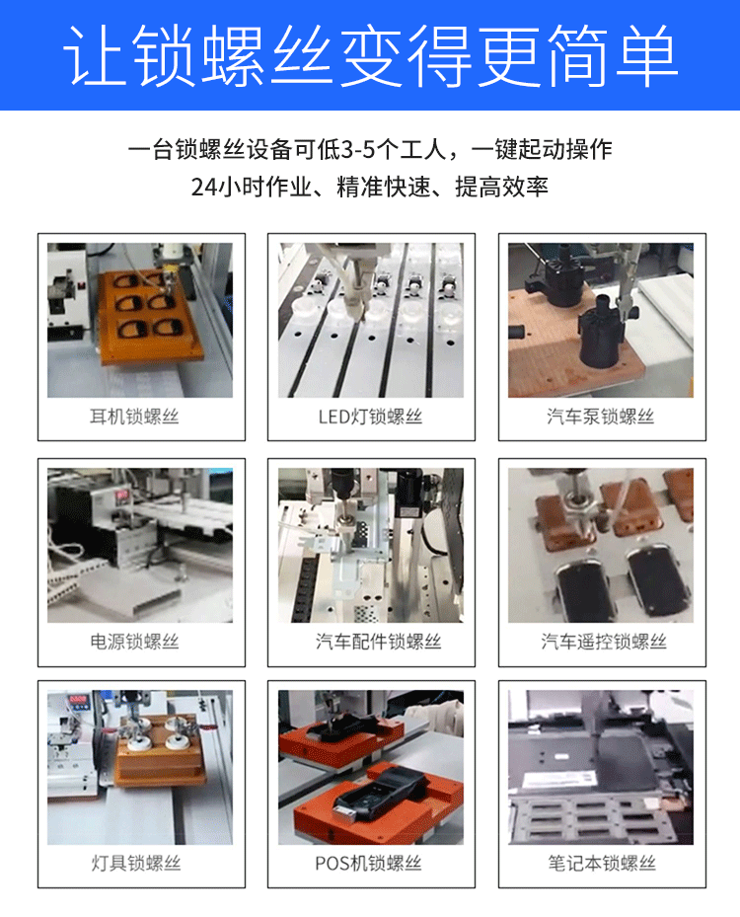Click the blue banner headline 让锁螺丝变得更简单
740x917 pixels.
(x=370, y=54)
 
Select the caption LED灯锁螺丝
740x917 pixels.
(x=370, y=417)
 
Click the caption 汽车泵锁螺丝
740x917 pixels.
(x=601, y=417)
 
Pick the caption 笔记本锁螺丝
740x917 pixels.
(x=602, y=863)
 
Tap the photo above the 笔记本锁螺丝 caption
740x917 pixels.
(x=601, y=767)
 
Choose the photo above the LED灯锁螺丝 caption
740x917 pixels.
(x=371, y=320)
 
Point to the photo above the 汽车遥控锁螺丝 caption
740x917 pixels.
(x=601, y=544)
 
